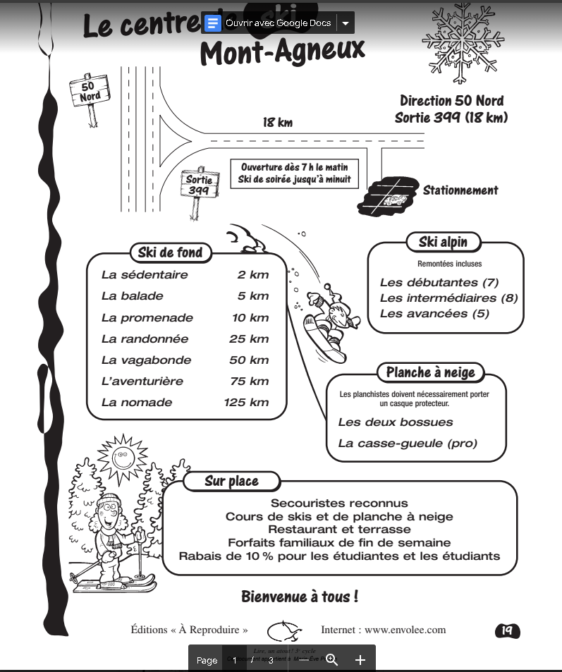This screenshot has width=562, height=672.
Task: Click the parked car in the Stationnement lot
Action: pos(393,201)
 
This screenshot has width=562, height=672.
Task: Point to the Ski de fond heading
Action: pos(170,252)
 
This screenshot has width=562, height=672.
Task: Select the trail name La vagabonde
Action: pos(146,360)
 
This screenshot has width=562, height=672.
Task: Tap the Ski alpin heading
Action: pos(443,243)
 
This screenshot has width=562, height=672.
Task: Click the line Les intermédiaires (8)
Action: pos(448,298)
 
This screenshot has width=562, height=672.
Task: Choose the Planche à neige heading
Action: pos(430,372)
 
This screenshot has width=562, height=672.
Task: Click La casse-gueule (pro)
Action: pos(408,444)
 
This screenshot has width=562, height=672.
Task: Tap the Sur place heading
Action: pos(231,482)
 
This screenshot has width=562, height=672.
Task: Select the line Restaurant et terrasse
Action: pos(339,530)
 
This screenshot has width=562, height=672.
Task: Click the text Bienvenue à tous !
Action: pos(300,597)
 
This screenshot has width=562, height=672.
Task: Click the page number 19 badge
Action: pos(507,630)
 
